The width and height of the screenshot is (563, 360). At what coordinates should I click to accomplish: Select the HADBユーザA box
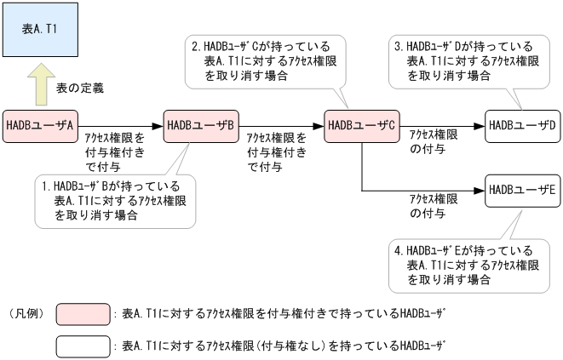pos(39,125)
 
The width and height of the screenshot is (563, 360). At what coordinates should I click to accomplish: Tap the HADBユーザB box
pos(200,125)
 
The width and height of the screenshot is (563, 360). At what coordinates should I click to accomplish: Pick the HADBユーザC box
pos(361,125)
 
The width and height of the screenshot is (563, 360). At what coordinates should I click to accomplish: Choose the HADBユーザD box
pos(522,125)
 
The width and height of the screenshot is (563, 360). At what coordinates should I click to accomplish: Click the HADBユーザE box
pos(522,189)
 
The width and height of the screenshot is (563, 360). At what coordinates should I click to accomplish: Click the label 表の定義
pos(86,89)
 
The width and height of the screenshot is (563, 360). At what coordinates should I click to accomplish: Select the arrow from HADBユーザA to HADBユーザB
pos(119,125)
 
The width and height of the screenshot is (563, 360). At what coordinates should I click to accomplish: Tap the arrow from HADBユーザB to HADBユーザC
pos(280,125)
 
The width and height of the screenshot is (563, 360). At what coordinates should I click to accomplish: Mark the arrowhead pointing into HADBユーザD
pos(480,125)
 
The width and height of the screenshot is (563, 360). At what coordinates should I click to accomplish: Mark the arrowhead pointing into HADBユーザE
pos(480,189)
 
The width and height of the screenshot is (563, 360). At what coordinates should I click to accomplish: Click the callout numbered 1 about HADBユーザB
pos(116,200)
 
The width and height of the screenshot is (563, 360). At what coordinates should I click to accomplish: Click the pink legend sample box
pos(83,314)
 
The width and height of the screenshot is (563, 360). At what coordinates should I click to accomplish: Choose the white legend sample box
pos(83,346)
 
